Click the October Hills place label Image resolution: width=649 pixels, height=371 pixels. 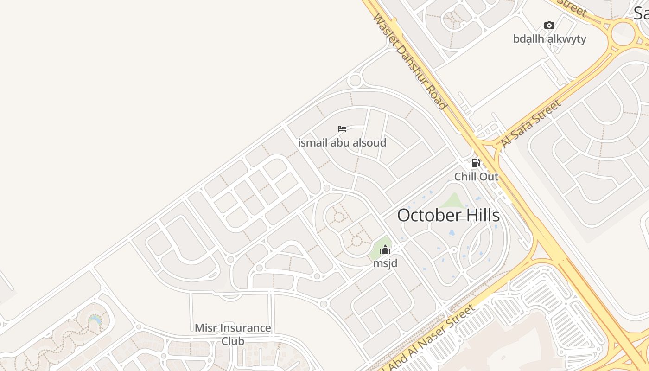(448, 216)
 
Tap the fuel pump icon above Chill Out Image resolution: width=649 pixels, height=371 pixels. (476, 163)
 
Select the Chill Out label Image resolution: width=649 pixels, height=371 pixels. (476, 177)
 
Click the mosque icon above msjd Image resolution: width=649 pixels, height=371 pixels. (385, 250)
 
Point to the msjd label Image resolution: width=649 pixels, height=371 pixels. (385, 263)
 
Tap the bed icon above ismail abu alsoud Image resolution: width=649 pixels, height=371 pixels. (342, 128)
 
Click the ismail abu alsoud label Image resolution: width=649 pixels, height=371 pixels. (342, 142)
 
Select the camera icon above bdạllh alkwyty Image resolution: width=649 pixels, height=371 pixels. (549, 25)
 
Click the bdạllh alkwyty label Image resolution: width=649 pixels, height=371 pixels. (549, 39)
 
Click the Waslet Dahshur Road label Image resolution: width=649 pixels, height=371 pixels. (410, 62)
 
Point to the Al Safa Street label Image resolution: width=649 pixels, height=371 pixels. (531, 124)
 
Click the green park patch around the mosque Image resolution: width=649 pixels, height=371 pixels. (378, 250)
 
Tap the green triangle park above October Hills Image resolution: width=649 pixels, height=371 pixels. (454, 201)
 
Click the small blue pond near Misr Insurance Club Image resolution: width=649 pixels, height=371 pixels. (95, 320)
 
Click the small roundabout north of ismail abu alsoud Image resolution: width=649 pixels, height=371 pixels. (355, 81)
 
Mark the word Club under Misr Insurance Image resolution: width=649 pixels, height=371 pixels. (233, 341)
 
